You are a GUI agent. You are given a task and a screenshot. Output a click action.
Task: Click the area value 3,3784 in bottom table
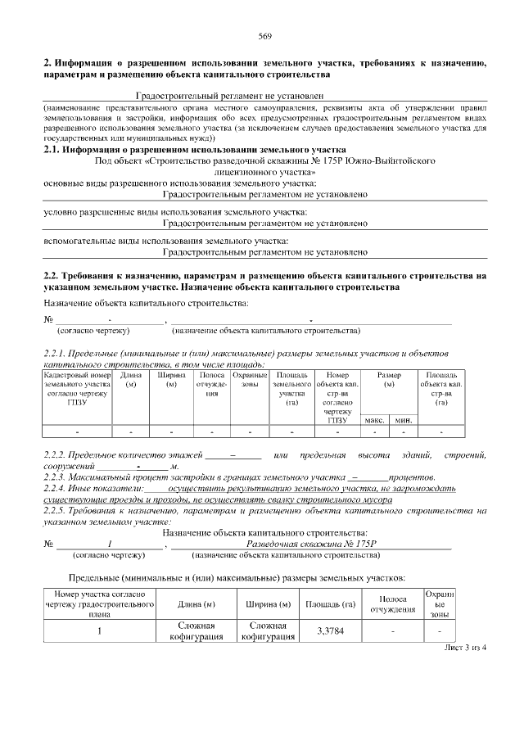click(x=330, y=631)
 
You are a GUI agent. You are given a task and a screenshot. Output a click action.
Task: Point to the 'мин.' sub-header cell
click(x=403, y=420)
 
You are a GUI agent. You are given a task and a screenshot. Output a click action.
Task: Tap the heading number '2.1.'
click(x=53, y=150)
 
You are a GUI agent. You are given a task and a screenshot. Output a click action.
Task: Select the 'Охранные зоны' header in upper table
click(x=250, y=379)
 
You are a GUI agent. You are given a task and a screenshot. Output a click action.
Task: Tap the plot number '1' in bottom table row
click(x=99, y=631)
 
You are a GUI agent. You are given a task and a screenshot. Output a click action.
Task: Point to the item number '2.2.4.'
click(x=56, y=488)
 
